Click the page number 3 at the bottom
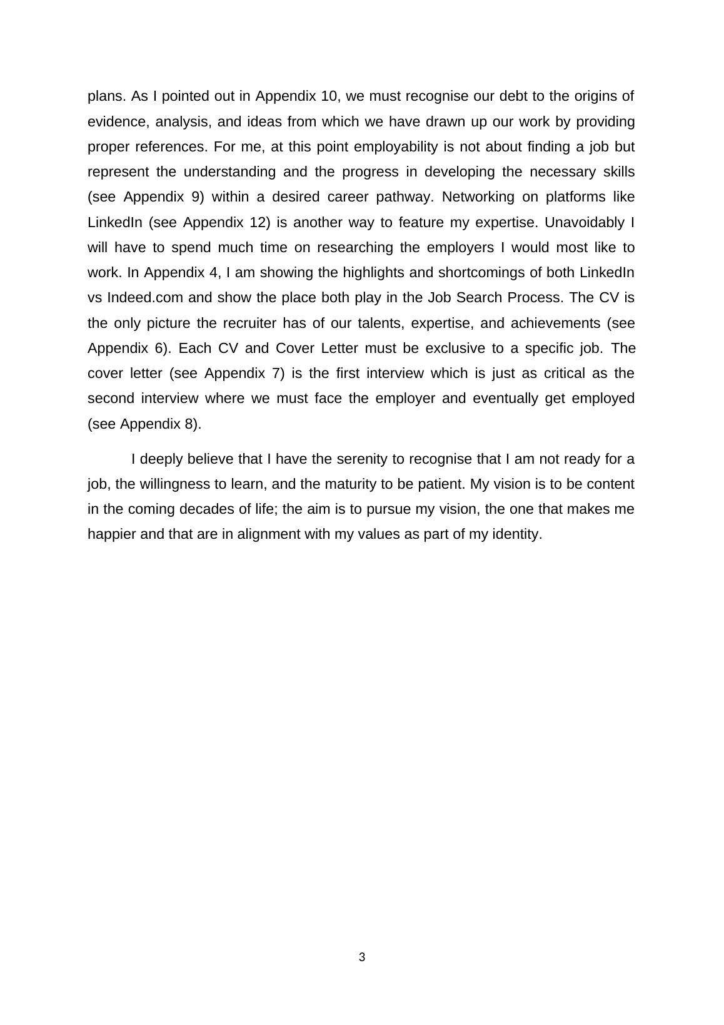click(362, 957)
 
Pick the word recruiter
click(249, 324)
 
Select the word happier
click(111, 534)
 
